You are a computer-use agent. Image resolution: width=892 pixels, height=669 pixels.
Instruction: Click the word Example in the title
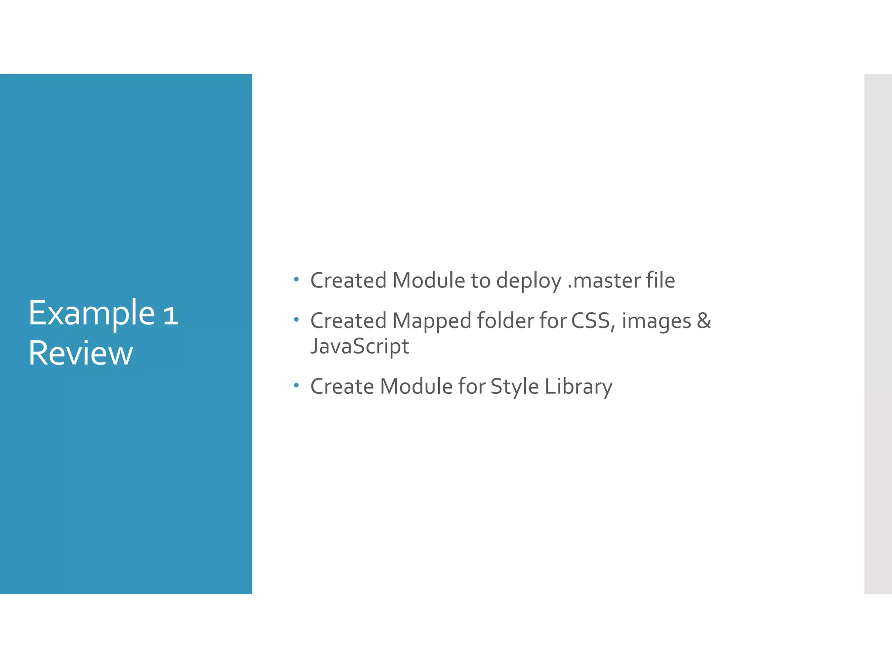point(91,314)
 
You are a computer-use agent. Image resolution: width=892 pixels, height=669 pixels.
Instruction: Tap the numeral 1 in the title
point(171,315)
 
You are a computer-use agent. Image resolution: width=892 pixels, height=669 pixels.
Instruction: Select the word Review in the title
point(81,353)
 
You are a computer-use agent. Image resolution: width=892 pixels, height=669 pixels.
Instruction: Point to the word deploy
point(529,281)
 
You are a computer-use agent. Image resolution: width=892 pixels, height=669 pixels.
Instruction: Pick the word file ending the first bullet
point(660,280)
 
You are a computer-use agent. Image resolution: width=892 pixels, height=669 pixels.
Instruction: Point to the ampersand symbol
point(704,321)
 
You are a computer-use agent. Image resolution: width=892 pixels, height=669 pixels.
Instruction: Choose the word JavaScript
point(359,347)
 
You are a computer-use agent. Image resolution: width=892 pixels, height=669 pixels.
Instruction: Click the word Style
point(515,386)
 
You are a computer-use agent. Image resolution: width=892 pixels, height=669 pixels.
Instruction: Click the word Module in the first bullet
point(429,280)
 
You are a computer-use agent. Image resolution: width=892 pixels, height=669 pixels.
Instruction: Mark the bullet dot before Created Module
point(296,279)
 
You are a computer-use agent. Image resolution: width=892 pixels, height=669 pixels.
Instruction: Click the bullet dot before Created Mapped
point(296,320)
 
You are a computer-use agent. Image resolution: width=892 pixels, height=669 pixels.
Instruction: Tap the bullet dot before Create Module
point(296,385)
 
